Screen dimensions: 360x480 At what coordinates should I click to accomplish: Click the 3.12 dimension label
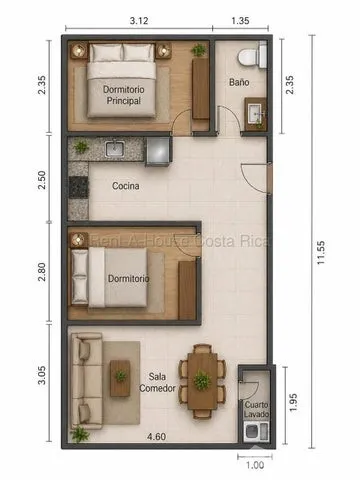coord(139,21)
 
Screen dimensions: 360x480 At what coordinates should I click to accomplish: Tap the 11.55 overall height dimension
coord(320,253)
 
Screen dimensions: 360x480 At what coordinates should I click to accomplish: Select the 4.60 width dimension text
coord(156,436)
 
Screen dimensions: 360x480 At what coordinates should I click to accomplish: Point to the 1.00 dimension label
coord(255,465)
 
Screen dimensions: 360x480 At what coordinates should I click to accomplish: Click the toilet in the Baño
coord(252,55)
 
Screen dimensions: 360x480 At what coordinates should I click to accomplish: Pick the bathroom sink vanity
coord(256,114)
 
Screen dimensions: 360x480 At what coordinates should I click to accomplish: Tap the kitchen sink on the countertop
coord(115,149)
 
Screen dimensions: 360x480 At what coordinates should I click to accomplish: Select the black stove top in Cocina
coord(79,187)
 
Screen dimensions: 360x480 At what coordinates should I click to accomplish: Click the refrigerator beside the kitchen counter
coord(158,151)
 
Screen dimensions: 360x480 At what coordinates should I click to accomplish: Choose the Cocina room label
coord(126,186)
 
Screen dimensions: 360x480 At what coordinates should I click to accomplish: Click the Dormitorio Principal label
coord(124,95)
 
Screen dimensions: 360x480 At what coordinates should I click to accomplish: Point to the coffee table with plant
coord(120,378)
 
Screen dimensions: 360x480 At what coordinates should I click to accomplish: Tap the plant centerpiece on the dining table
coord(202,381)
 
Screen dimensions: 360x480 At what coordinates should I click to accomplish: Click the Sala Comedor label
coord(157,382)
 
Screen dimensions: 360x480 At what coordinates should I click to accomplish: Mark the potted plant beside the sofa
coord(79,434)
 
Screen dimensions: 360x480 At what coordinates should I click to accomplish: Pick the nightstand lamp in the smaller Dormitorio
coord(79,240)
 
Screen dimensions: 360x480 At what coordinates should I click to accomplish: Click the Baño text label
coord(239,82)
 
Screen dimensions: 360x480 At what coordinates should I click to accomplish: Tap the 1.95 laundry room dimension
coord(293,402)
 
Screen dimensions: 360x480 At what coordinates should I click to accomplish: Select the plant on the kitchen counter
coord(81,147)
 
